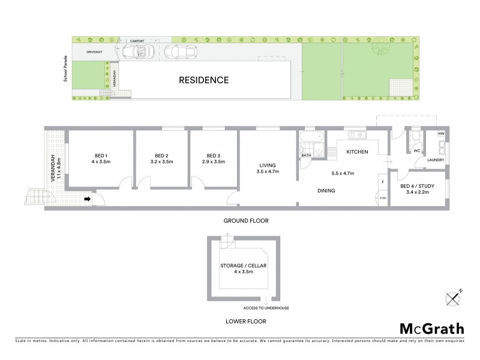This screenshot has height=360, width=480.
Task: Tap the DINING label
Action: pos(326,191)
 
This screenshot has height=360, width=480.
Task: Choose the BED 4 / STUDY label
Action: pos(418,185)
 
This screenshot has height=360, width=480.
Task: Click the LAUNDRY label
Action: pos(435,160)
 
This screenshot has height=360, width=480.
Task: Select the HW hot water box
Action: pos(441,133)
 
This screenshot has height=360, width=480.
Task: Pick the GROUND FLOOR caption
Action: pos(246,221)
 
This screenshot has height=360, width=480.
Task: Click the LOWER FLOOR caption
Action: pos(246,322)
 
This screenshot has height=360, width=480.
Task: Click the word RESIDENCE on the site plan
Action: pos(203,80)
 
